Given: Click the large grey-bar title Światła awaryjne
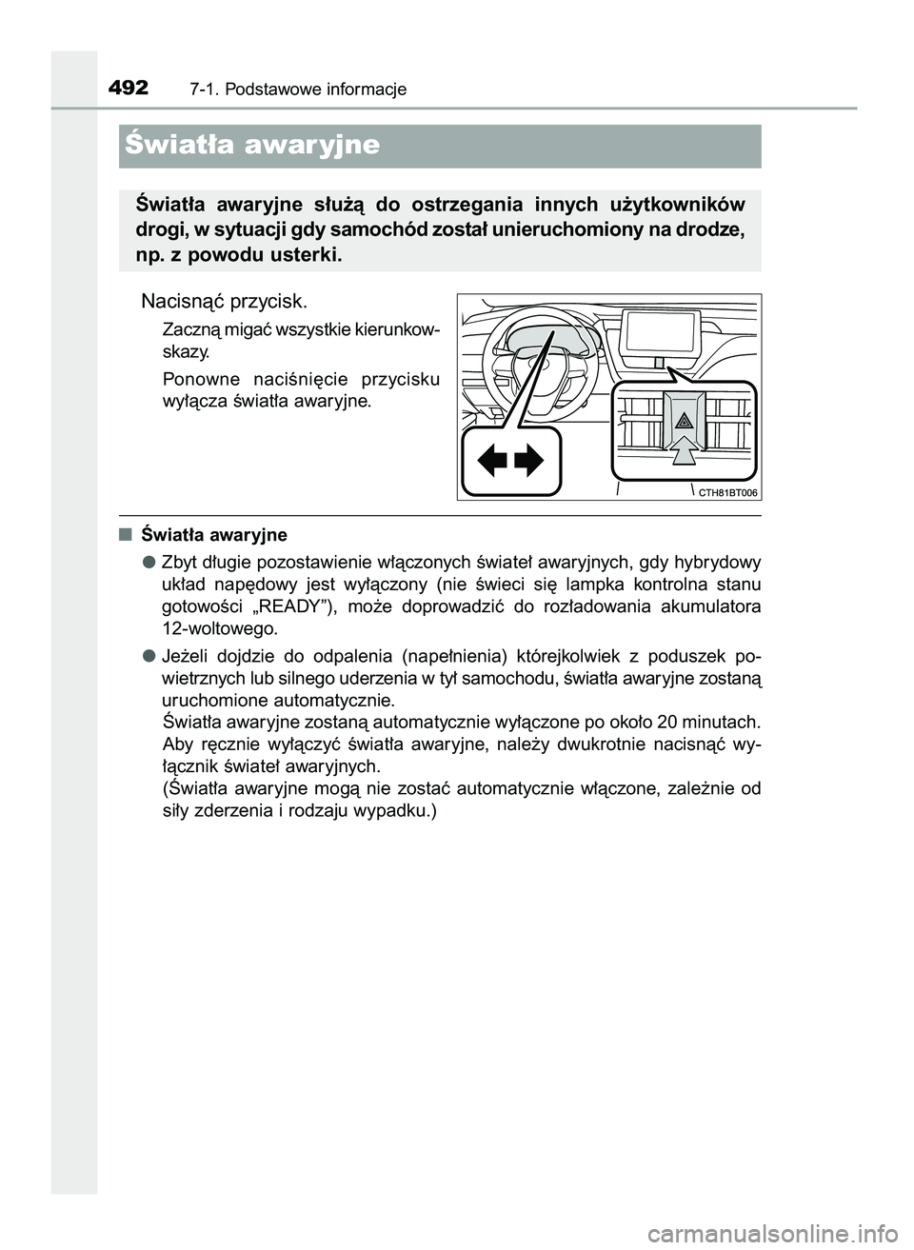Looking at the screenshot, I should (253, 146).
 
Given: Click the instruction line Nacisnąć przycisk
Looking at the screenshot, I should (224, 302).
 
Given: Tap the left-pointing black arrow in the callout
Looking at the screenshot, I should (492, 462).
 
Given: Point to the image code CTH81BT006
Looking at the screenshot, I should (727, 492).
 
